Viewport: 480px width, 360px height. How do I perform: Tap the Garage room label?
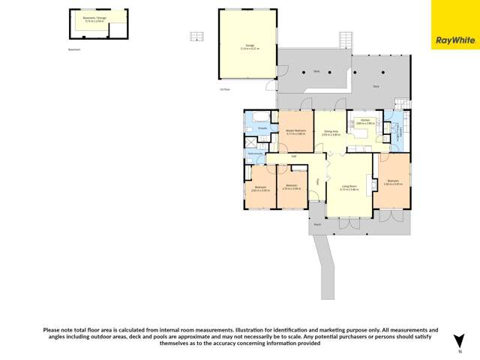click(247, 46)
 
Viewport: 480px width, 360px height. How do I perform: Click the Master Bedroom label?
click(295, 132)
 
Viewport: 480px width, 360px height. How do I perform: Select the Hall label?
click(295, 156)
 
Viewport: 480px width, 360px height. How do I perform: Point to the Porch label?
click(317, 223)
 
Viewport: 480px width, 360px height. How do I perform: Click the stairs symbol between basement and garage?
click(196, 36)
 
